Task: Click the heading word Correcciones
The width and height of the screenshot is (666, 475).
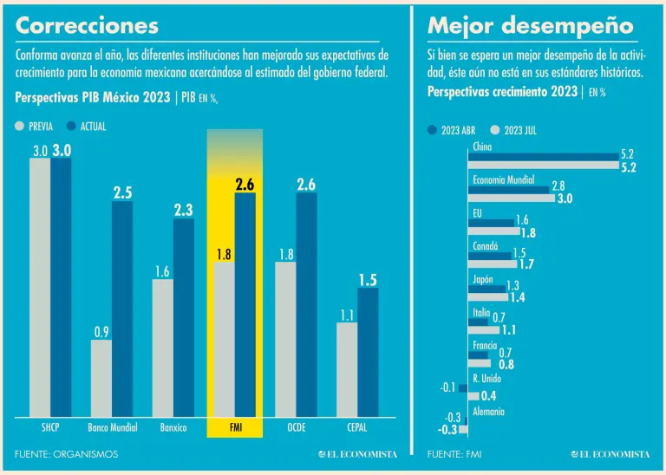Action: click(87, 25)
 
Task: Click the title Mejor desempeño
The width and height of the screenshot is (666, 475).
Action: click(530, 25)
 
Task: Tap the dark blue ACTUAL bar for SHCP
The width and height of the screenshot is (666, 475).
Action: click(61, 286)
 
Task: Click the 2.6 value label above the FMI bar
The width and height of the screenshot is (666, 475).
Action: click(245, 184)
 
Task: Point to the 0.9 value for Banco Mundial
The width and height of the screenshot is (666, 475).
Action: click(101, 331)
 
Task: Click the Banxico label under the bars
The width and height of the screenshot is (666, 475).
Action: click(173, 427)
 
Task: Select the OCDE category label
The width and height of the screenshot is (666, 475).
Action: click(296, 427)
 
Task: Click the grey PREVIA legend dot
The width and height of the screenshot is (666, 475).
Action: click(21, 127)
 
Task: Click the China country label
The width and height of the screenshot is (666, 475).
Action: click(483, 147)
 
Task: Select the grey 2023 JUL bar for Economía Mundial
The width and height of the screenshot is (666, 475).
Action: click(512, 198)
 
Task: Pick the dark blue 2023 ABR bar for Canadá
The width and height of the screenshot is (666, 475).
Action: click(490, 255)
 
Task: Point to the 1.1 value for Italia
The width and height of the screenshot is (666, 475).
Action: click(508, 329)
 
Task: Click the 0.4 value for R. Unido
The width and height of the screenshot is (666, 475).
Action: click(487, 396)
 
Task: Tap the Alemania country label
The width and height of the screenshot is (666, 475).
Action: click(488, 412)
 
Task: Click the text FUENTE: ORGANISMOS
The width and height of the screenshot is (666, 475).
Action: click(66, 454)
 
